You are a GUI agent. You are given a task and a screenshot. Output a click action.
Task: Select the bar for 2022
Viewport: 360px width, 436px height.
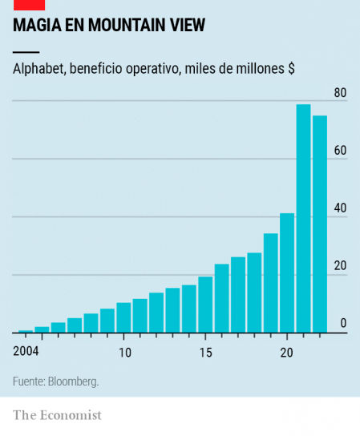pyautogui.click(x=319, y=224)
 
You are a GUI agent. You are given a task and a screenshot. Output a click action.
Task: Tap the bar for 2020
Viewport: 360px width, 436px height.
pyautogui.click(x=287, y=272)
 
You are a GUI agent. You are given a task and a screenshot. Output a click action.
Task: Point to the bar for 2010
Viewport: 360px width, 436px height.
pyautogui.click(x=123, y=317)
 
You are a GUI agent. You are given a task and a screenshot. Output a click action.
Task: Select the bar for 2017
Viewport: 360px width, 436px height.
pyautogui.click(x=238, y=294)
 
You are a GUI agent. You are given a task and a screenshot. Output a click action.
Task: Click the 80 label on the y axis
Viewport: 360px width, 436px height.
pyautogui.click(x=340, y=93)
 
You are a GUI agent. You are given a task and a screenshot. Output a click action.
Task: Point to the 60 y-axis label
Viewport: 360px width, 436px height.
pyautogui.click(x=340, y=151)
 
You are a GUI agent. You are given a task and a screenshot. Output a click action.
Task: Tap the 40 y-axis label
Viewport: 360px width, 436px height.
pyautogui.click(x=340, y=208)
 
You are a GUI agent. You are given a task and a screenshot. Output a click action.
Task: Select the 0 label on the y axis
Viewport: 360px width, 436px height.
pyautogui.click(x=343, y=324)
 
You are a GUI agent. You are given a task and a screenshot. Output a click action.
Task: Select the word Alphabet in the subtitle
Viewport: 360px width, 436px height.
pyautogui.click(x=38, y=69)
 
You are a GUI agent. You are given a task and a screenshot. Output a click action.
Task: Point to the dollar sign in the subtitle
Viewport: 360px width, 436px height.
pyautogui.click(x=290, y=69)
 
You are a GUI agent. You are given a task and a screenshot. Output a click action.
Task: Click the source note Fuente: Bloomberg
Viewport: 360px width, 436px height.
pyautogui.click(x=55, y=381)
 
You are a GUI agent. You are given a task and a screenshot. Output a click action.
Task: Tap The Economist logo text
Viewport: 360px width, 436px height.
pyautogui.click(x=57, y=415)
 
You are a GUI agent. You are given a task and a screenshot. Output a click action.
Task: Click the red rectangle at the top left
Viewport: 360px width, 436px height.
pyautogui.click(x=29, y=4)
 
